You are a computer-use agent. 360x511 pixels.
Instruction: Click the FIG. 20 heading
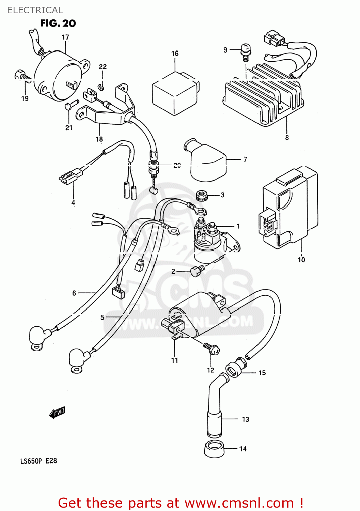58,23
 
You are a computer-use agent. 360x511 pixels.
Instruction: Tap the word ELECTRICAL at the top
35,10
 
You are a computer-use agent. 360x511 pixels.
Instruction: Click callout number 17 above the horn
65,37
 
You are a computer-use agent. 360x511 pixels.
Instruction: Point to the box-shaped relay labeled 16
174,93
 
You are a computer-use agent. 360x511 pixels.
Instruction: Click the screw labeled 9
246,51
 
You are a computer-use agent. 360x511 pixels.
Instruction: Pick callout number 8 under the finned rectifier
287,138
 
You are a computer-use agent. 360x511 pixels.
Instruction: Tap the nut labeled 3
202,196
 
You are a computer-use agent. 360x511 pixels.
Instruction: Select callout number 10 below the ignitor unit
301,260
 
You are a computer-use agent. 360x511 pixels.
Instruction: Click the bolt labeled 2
197,271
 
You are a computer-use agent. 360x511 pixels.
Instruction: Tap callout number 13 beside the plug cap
246,419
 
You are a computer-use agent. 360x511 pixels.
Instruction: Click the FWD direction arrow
57,413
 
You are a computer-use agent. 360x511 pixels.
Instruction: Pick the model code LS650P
31,461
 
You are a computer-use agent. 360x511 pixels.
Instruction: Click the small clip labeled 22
100,88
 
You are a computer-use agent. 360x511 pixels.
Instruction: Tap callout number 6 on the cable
74,293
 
